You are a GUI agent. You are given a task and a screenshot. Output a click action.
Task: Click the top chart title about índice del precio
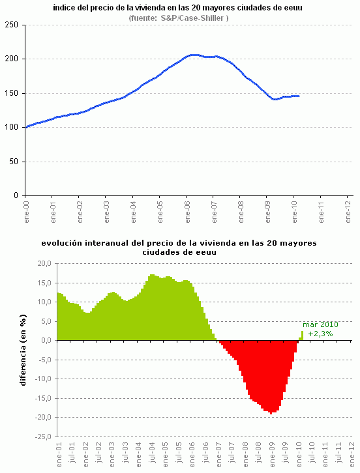(x=177, y=8)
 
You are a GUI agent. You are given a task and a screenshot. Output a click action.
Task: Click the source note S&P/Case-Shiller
(x=177, y=18)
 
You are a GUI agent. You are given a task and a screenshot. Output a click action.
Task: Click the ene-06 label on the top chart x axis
(x=187, y=210)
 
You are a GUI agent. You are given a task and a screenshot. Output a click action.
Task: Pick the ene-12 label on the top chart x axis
(x=348, y=210)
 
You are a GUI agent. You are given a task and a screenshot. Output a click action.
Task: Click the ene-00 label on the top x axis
(x=25, y=210)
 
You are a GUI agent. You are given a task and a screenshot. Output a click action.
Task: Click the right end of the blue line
(x=299, y=96)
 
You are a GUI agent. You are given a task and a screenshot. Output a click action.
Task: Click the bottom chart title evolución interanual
(x=179, y=247)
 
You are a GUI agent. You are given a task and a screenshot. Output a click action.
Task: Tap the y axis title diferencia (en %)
(x=23, y=351)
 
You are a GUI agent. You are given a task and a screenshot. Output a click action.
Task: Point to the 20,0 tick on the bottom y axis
(x=43, y=263)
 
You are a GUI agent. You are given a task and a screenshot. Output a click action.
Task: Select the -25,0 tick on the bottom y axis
(x=42, y=437)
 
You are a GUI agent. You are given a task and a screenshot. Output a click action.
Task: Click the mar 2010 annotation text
(x=320, y=324)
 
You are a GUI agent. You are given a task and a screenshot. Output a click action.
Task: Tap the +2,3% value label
(x=320, y=334)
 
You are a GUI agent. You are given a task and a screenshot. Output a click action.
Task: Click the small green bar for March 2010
(x=302, y=336)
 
